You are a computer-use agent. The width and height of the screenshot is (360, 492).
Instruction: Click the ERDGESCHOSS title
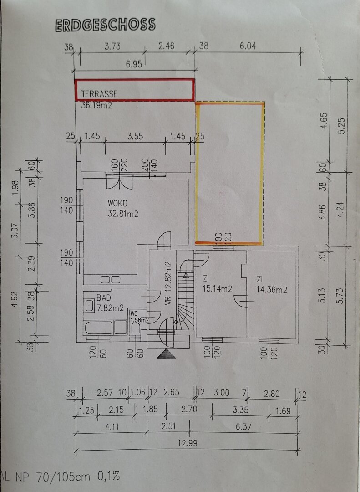pyautogui.click(x=105, y=25)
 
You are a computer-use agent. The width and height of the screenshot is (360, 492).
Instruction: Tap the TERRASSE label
pyautogui.click(x=99, y=94)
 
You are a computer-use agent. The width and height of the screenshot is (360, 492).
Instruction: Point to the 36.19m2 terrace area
pyautogui.click(x=96, y=106)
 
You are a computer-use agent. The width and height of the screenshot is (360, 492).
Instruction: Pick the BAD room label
pyautogui.click(x=103, y=298)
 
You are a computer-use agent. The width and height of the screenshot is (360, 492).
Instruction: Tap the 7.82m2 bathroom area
pyautogui.click(x=111, y=307)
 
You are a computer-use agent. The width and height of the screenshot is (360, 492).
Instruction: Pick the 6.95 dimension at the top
pyautogui.click(x=134, y=64)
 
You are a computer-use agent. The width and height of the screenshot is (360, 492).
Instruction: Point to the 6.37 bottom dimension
pyautogui.click(x=243, y=427)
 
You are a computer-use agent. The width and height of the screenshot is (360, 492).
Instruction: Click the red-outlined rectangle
pyautogui.click(x=135, y=90)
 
